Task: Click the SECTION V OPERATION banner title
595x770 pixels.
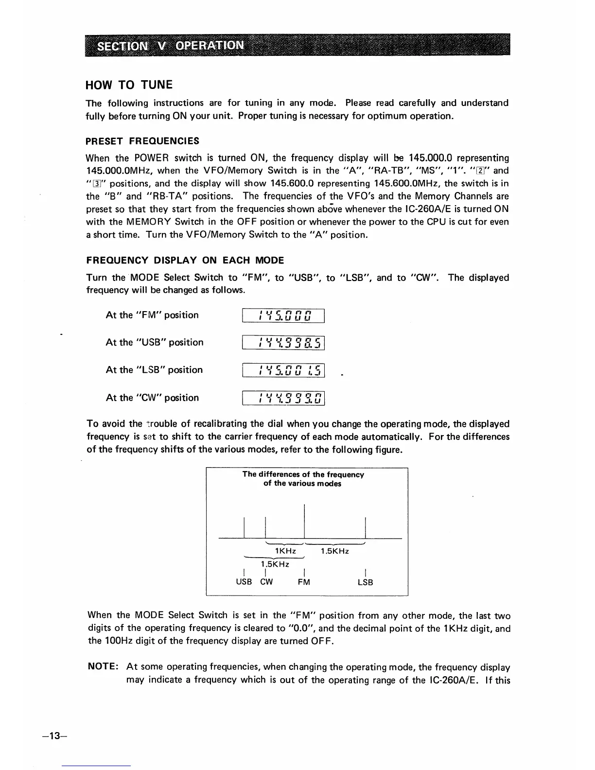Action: pos(170,46)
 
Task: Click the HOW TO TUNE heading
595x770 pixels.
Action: pos(129,85)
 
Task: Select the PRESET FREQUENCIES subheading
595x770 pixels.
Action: pos(142,141)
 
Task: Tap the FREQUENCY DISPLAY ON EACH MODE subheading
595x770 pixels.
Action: pos(185,260)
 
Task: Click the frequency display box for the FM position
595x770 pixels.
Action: pos(283,315)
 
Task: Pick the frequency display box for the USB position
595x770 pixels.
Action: pos(283,343)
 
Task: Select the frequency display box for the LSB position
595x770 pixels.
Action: pos(283,370)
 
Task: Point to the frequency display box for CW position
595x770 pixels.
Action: pos(283,398)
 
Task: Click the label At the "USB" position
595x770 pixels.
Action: pos(155,343)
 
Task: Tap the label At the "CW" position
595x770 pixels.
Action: pos(152,398)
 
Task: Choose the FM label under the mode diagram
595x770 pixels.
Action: pos(304,582)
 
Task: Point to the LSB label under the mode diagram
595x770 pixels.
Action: pos(365,582)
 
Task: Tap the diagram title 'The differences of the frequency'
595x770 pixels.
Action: pos(303,474)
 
